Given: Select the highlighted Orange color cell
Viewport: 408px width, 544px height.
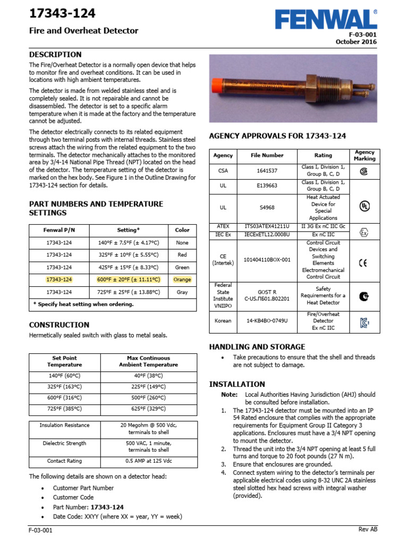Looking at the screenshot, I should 182,279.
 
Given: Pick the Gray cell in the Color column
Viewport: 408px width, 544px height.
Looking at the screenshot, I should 182,292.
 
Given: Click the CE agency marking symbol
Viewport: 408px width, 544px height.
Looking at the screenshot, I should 364,262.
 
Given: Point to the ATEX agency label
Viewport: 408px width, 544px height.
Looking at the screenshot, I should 223,226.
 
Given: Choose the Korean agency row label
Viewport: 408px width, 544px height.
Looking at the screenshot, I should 223,321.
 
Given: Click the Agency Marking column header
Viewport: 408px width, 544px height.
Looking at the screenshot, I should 364,155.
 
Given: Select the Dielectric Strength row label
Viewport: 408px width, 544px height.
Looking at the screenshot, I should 65,443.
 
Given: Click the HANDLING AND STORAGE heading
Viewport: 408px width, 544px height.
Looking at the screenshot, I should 257,346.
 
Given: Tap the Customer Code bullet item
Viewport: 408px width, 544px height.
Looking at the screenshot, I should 73,497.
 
